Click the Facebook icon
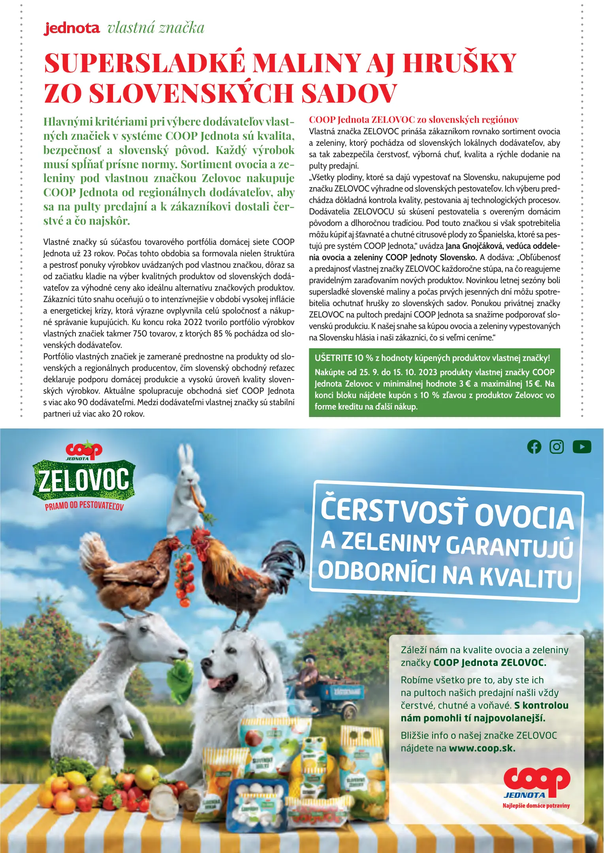pos(534,447)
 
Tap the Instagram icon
pos(557,447)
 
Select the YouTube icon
pos(581,447)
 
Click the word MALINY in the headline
pos(307,63)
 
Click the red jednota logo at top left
pos(72,28)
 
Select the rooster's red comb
pos(200,533)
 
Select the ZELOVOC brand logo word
pos(84,480)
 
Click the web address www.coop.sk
pos(482,748)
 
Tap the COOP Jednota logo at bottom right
pos(536,786)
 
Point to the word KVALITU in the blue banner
pos(525,577)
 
